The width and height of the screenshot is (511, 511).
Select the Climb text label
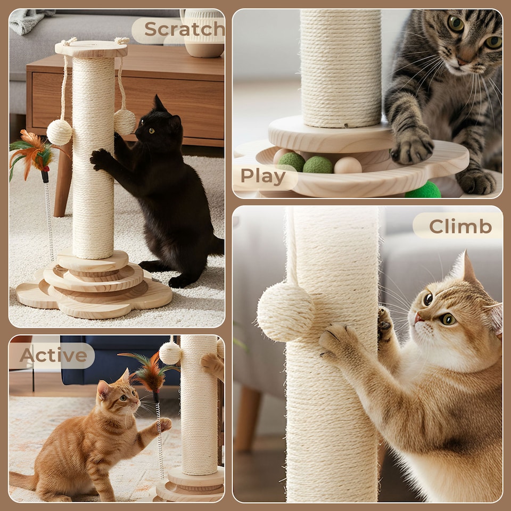pyautogui.click(x=460, y=226)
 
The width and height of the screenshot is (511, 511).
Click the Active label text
pyautogui.click(x=53, y=356)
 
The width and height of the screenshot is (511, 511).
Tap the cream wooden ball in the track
pyautogui.click(x=348, y=166)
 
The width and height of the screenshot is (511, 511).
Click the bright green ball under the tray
pyautogui.click(x=423, y=191)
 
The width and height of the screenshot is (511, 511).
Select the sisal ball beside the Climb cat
pyautogui.click(x=286, y=311)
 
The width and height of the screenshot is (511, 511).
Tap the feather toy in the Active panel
pyautogui.click(x=150, y=373)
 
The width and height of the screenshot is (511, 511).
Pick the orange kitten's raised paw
pyautogui.click(x=164, y=424)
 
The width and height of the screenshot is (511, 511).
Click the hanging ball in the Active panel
pyautogui.click(x=170, y=353)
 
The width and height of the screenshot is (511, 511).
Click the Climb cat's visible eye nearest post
pyautogui.click(x=427, y=299)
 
